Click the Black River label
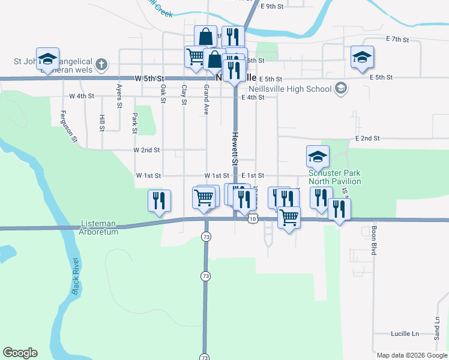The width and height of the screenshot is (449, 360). (x=77, y=275)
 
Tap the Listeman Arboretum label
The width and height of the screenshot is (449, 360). (x=100, y=227)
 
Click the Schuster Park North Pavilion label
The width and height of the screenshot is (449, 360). (x=335, y=177)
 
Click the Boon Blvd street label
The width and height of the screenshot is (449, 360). (x=373, y=241)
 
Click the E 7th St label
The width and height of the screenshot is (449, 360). (x=398, y=40)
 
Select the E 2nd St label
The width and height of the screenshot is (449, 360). (x=367, y=138)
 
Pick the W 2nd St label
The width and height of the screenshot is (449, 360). (x=146, y=149)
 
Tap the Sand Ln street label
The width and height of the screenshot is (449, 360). (x=437, y=328)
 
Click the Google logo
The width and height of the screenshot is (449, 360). (x=20, y=353)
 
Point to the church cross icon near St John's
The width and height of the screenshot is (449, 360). (x=101, y=64)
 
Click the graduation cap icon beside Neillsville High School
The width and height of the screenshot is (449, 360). (x=341, y=89)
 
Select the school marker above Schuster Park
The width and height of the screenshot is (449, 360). (x=318, y=157)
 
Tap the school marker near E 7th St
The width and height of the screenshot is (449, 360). (x=362, y=58)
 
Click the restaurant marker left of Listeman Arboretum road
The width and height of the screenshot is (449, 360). (x=159, y=201)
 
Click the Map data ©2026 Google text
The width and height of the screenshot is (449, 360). (x=411, y=355)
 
